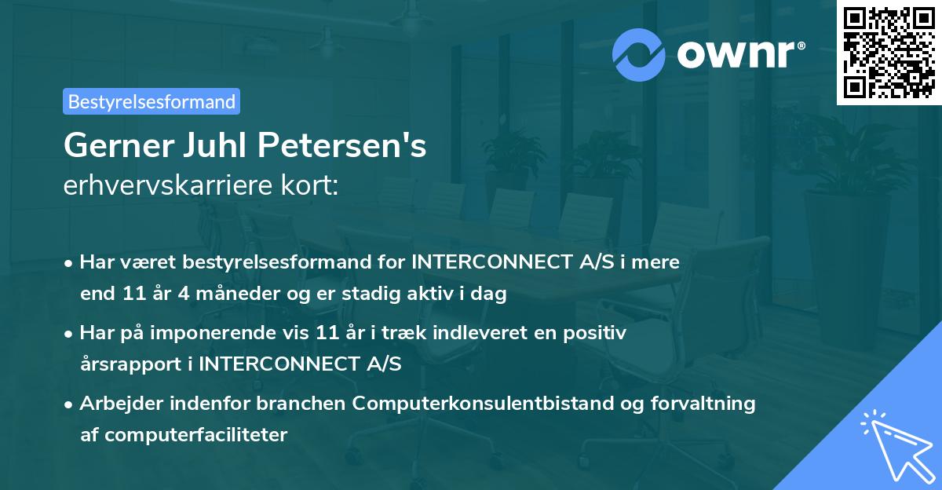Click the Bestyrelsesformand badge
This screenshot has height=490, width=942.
[152, 101]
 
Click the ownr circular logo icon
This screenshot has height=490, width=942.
[639, 53]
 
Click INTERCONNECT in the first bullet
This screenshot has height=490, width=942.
[485, 262]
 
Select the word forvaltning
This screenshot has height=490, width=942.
[706, 404]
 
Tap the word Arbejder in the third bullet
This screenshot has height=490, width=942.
[114, 404]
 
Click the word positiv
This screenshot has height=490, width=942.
[598, 333]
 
